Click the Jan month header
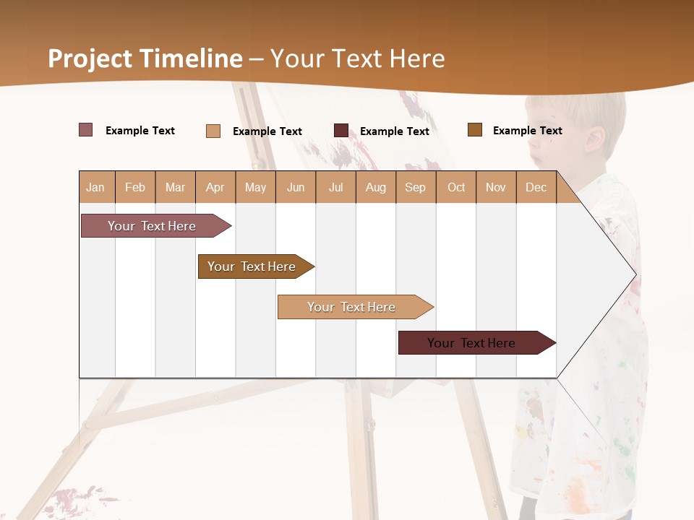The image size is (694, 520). point(96,187)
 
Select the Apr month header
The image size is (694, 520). point(215,187)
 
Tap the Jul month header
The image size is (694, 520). point(335,187)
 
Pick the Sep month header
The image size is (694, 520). point(416,187)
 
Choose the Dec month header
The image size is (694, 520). point(536,187)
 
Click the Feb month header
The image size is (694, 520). point(135,187)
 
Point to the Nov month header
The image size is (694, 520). point(496,187)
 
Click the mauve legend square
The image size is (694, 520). point(86,130)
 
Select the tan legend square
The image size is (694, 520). point(213,131)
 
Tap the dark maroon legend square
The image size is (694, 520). point(341,131)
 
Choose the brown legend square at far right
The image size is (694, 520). point(475,130)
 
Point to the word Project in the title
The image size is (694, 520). point(90,59)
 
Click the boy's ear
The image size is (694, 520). point(595,139)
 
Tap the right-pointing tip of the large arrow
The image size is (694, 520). point(634,274)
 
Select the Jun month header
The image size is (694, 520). point(296,187)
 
